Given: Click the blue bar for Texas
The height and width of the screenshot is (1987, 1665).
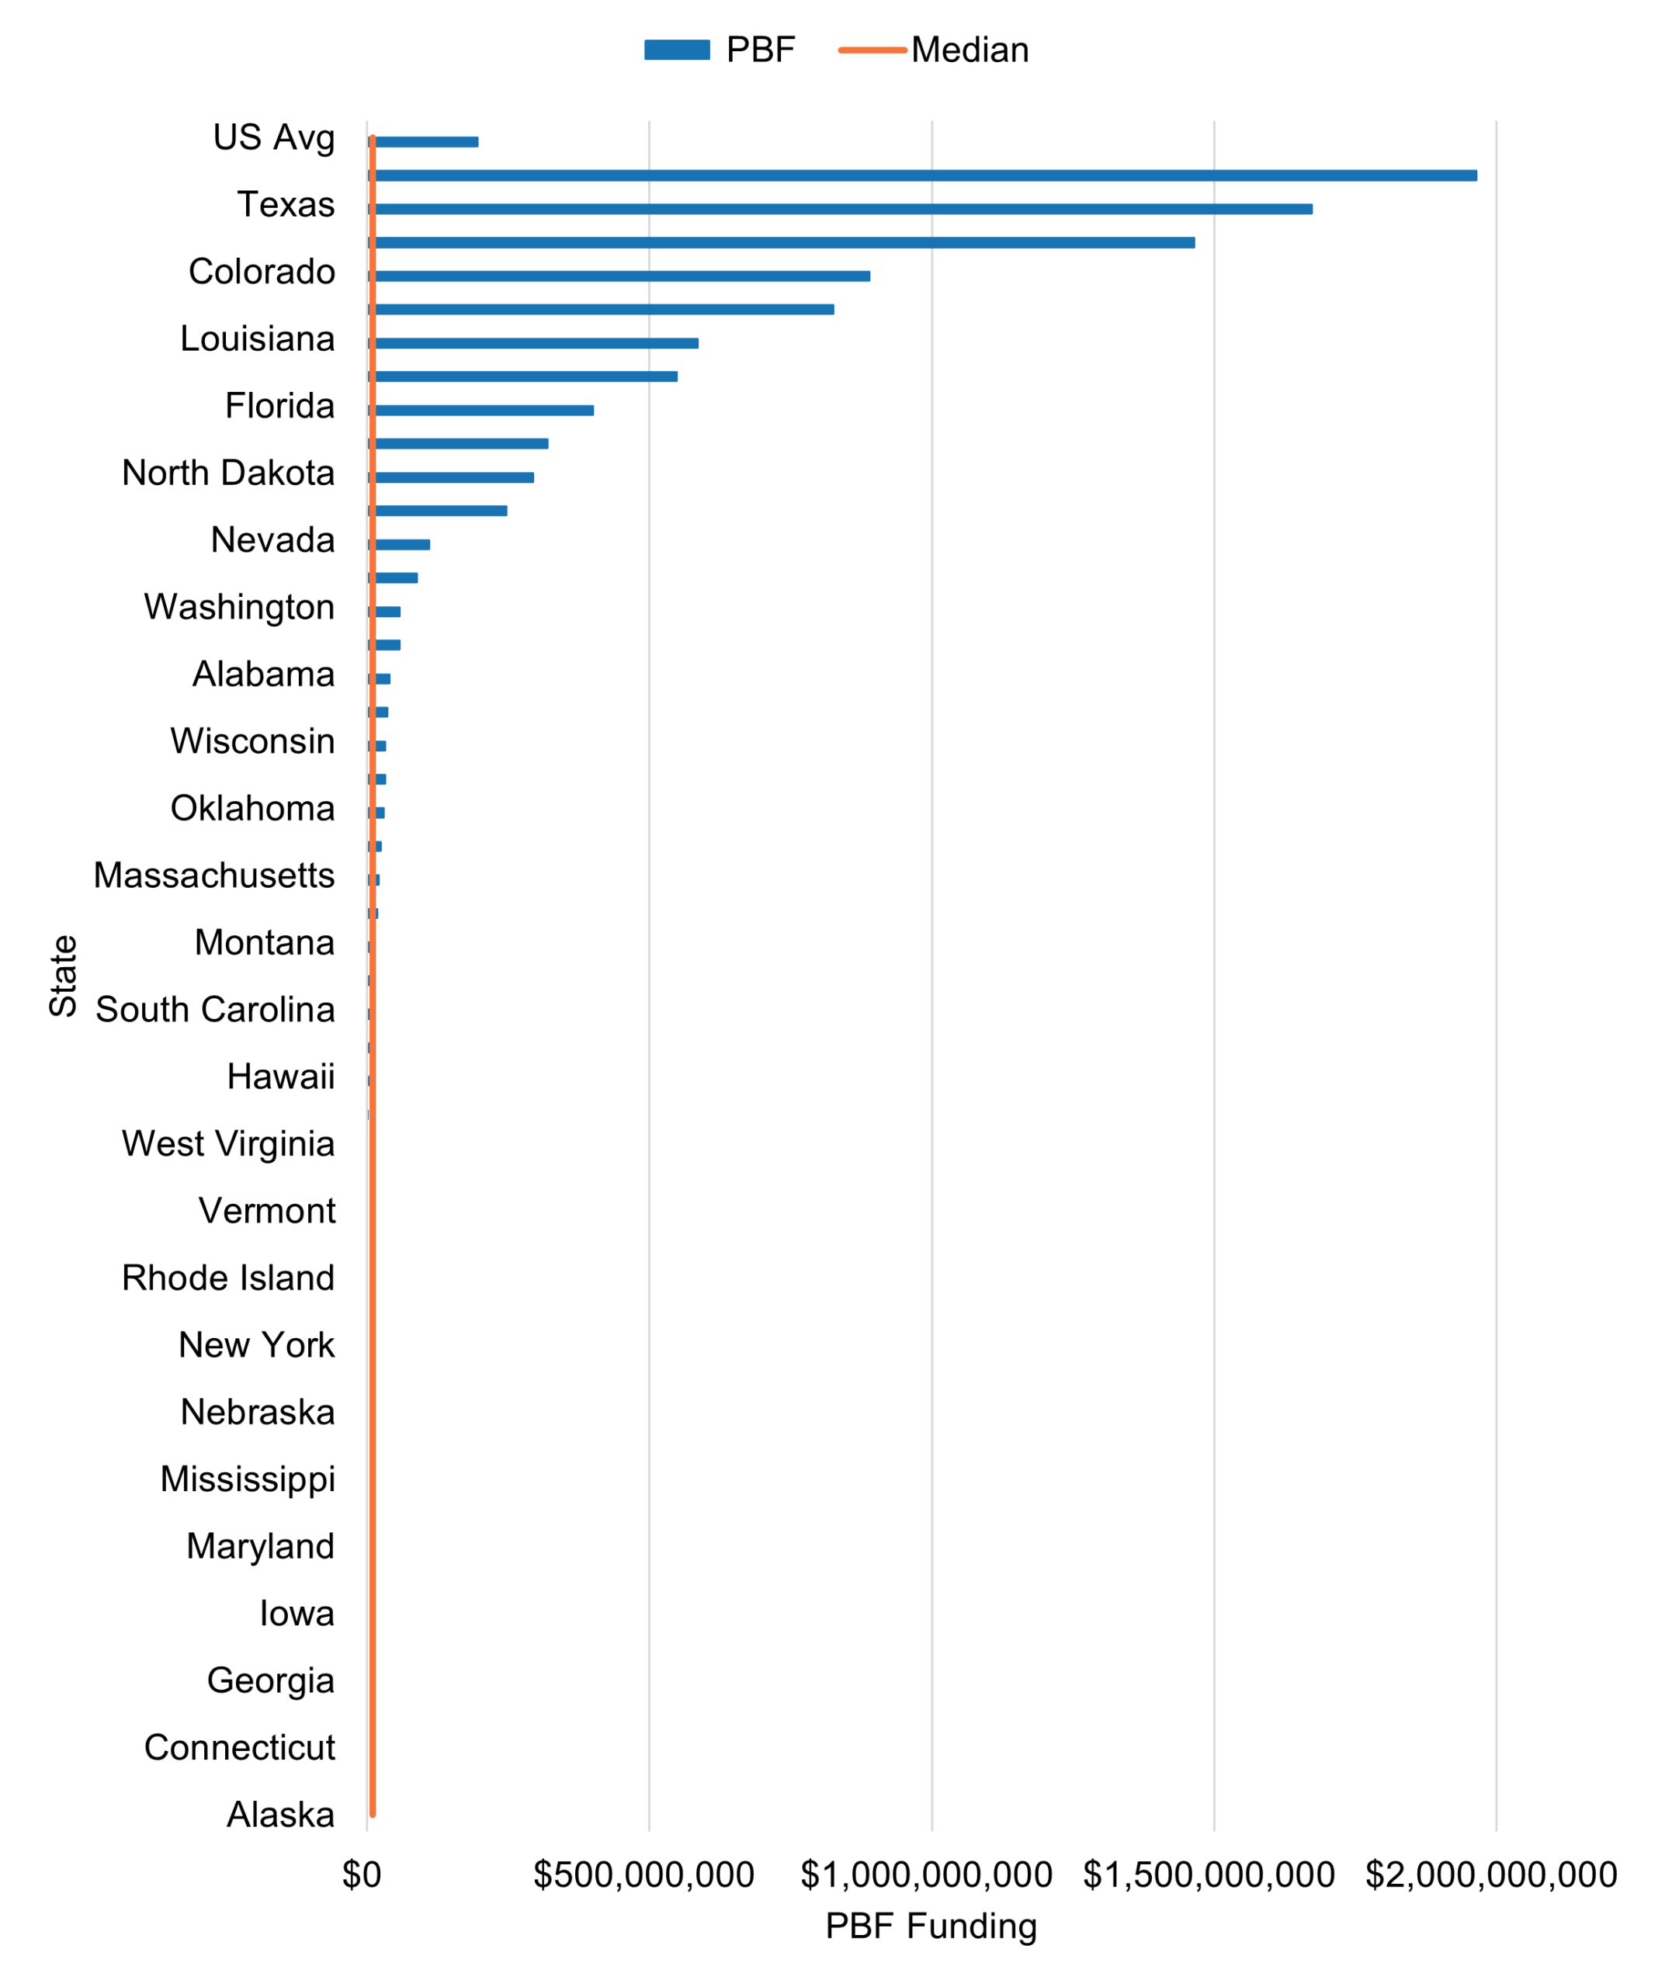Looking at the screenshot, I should click(842, 209).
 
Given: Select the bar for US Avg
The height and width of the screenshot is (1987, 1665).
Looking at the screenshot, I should click(425, 142).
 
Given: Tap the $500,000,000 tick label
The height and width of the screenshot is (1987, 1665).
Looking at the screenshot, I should click(644, 1874).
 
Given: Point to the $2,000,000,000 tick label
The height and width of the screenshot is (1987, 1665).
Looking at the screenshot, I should click(1491, 1874).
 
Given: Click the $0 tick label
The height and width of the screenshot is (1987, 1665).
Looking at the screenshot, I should click(362, 1874).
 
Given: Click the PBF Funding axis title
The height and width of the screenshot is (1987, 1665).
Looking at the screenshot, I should click(931, 1926).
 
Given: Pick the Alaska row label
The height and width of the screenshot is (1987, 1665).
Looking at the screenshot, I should click(280, 1815).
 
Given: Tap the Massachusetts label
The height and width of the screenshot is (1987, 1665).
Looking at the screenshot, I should click(213, 876).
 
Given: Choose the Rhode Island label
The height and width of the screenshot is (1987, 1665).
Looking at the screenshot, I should click(228, 1278).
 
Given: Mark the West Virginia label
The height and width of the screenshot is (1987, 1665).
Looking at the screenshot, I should click(228, 1144).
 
